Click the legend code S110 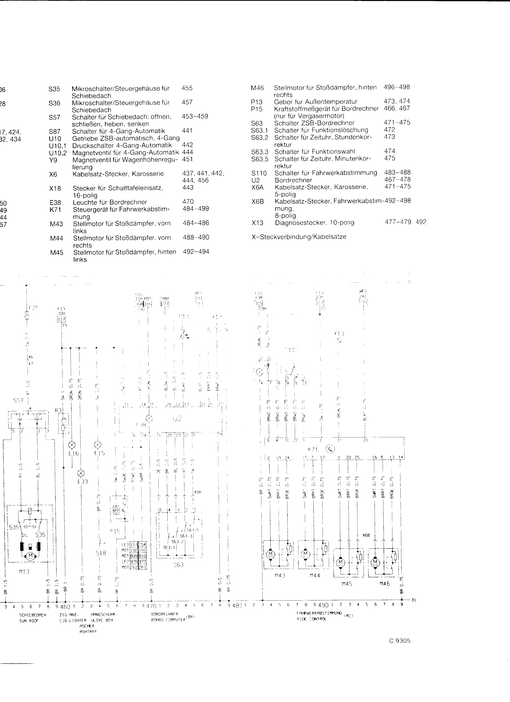pos(259,173)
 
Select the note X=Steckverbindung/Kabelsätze pos(299,237)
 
